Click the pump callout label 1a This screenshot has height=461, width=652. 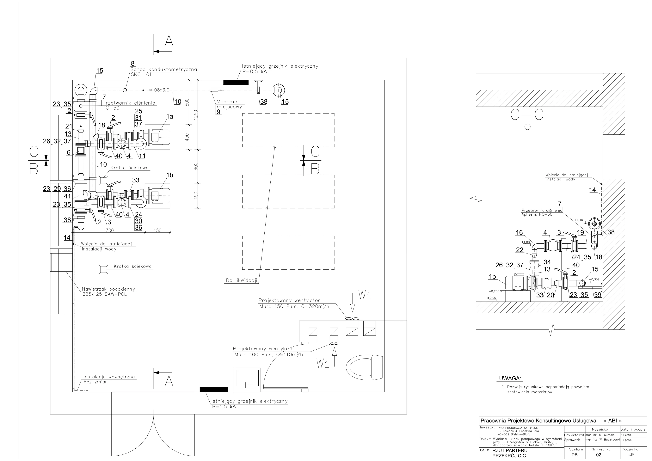[x=169, y=116]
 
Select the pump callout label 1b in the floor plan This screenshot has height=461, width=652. [x=169, y=175]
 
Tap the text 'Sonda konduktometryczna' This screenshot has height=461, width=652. [x=163, y=69]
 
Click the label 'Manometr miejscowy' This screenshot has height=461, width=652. [x=229, y=104]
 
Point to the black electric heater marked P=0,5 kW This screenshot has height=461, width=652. [x=236, y=82]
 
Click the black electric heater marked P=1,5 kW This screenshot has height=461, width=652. [x=213, y=389]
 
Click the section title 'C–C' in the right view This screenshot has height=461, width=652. [x=527, y=114]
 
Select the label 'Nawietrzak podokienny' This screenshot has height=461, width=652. [x=108, y=289]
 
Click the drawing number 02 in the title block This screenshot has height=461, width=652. [x=599, y=455]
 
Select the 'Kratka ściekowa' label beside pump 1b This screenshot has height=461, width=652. [x=130, y=168]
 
